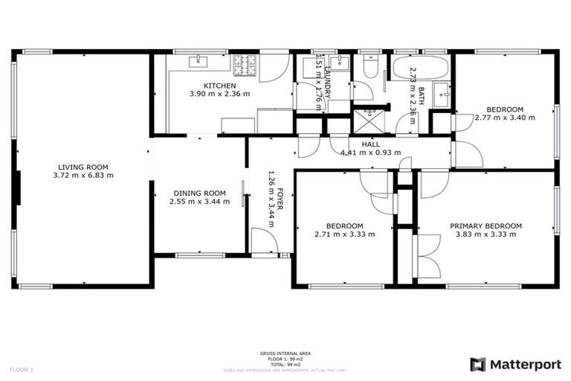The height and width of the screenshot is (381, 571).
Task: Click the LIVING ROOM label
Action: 83,167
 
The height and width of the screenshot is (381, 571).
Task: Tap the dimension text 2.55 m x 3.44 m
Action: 199,201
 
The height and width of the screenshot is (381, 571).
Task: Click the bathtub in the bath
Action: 419,69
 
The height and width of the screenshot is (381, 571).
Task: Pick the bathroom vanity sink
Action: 442,95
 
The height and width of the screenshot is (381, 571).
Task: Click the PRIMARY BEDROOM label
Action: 485,225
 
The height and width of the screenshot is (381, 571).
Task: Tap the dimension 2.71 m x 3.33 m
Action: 344,234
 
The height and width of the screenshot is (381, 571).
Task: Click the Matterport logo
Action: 513,364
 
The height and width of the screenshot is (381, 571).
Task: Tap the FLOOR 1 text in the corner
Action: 22,369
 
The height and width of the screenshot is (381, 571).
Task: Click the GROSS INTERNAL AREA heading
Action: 285,353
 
